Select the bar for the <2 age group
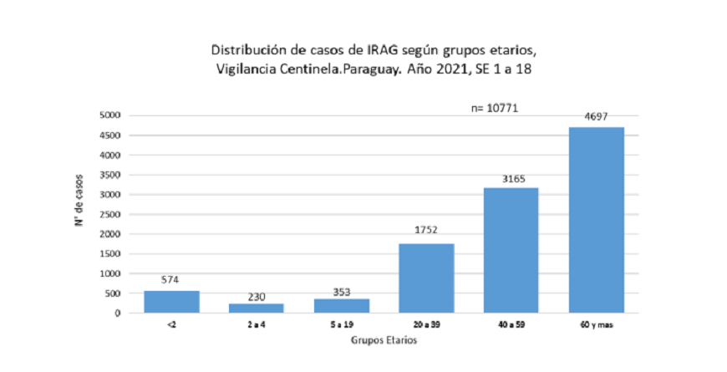pos(171,302)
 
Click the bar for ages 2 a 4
pos(257,308)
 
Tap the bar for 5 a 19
pos(342,306)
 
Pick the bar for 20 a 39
pos(426,278)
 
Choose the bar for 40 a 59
pos(511,251)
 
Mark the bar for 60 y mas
pos(597,220)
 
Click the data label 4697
pos(596,117)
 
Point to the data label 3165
pos(513,179)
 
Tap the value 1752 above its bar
pos(426,230)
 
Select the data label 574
pos(170,280)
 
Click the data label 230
pos(256,297)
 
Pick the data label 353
pos(342,293)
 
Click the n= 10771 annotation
pos(494,108)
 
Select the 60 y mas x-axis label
pos(597,325)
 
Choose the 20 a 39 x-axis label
pos(426,324)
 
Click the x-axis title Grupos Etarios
pos(384,340)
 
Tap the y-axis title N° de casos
pos(79,201)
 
